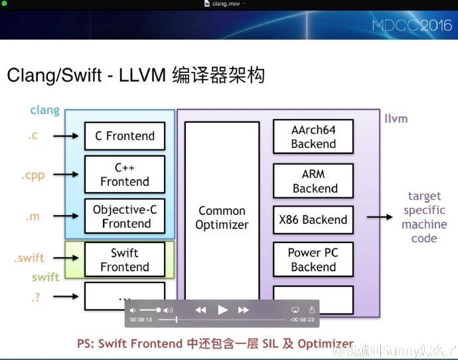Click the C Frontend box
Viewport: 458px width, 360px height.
124,136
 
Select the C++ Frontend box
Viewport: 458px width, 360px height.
124,174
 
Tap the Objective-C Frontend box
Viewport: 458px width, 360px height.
124,217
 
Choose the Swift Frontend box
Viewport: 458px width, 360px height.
124,260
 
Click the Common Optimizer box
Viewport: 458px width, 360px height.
222,218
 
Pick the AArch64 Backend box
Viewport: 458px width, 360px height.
313,136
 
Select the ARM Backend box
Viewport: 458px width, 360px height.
313,181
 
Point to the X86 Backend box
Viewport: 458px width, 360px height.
313,220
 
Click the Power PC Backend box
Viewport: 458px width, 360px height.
313,260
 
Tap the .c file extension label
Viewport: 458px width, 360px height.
33,135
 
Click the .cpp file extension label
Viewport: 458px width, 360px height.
32,176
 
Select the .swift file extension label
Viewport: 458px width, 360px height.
30,258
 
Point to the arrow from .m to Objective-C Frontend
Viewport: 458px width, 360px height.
66,217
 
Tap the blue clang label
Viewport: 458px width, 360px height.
44,110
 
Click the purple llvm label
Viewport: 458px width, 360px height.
396,119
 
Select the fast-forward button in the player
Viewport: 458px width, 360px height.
244,310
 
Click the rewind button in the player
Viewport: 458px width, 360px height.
200,310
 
